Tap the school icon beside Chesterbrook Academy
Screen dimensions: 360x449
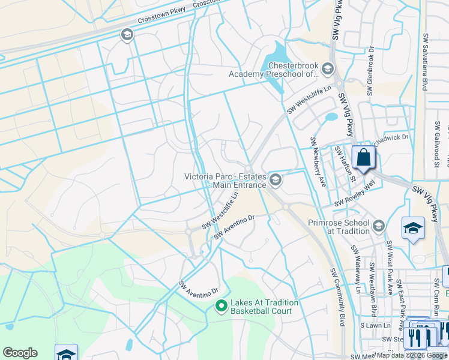click(x=328, y=69)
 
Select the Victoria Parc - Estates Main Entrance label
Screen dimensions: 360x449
click(x=225, y=181)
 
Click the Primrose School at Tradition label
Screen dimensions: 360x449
click(x=338, y=226)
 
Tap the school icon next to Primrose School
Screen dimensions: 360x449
click(x=378, y=226)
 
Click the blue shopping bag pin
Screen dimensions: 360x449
click(x=363, y=158)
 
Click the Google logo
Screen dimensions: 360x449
click(x=20, y=353)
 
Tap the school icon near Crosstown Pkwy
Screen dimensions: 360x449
click(x=127, y=35)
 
